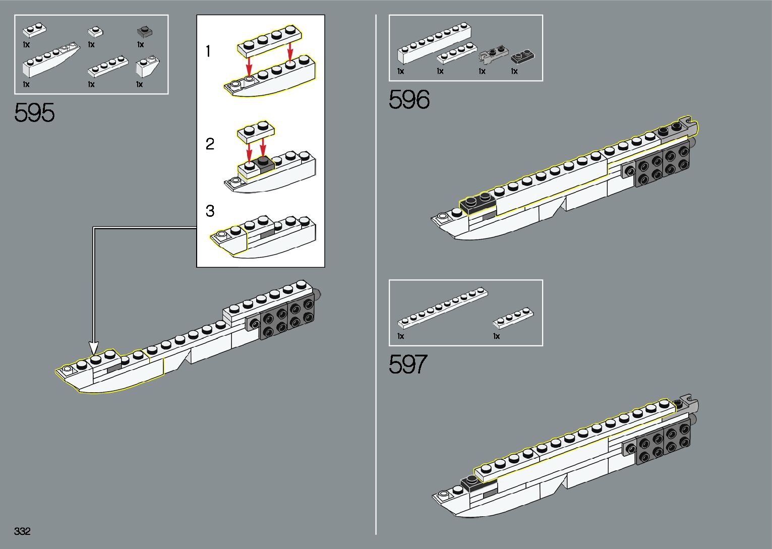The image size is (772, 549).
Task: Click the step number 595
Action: coord(34,113)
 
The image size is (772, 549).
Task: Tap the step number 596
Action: coord(409,100)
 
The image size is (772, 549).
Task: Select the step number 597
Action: coord(407,364)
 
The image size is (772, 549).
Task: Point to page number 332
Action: coord(23,531)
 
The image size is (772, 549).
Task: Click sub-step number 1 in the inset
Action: coord(208,51)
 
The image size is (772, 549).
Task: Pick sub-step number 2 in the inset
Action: coord(210,144)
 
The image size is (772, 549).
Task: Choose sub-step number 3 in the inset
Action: coord(210,211)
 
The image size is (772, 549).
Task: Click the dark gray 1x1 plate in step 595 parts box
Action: coord(145,32)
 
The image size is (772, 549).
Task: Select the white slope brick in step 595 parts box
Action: coord(148,67)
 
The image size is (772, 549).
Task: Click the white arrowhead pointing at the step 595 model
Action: coord(94,348)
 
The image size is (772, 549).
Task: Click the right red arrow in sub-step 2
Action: coord(263,147)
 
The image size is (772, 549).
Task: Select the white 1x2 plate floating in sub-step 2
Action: coord(256,130)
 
